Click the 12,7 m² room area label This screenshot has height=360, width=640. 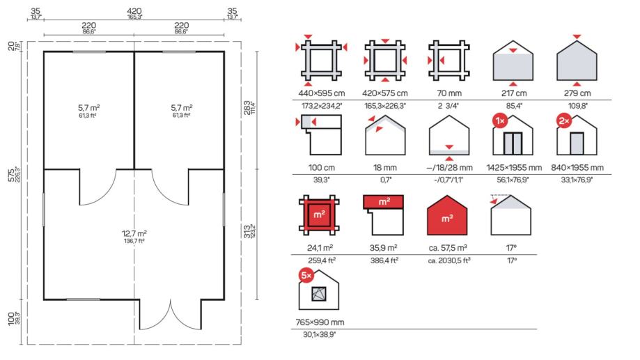134,233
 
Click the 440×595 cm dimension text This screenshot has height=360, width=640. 322,93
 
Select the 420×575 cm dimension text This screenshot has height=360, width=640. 385,93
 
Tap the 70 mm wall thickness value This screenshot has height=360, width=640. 449,93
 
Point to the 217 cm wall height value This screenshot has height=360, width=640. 514,93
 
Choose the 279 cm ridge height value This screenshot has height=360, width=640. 577,93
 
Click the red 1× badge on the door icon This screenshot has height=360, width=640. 500,121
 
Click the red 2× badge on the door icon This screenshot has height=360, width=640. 563,121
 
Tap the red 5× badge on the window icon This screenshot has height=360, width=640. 306,276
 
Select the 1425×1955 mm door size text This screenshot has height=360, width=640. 514,168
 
